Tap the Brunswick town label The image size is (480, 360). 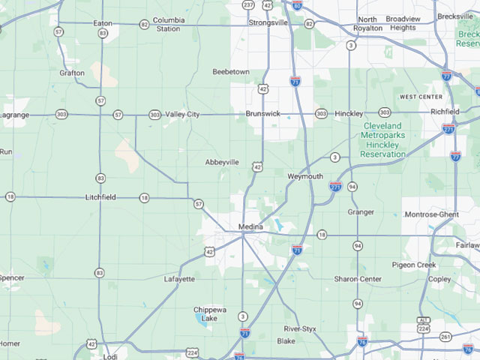click(262, 114)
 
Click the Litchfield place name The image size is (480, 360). click(100, 197)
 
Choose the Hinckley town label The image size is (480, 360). click(349, 113)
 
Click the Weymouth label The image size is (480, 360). click(304, 176)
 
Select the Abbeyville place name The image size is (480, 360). click(222, 161)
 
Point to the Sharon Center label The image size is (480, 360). click(358, 279)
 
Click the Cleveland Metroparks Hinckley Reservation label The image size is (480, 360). click(383, 139)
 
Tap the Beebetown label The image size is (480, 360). click(231, 72)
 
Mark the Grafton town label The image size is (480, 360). click(72, 73)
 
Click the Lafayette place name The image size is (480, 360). click(179, 279)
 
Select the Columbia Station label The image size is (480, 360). click(168, 24)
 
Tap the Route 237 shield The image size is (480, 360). click(248, 4)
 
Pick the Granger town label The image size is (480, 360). click(361, 212)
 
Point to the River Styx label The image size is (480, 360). click(300, 329)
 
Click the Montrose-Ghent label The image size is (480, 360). click(431, 214)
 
